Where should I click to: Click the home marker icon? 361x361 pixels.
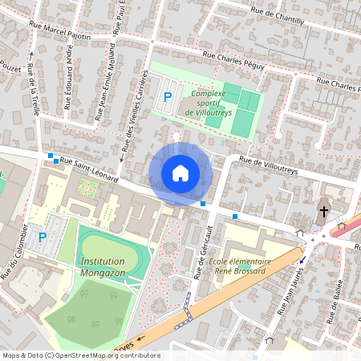[x=180, y=173]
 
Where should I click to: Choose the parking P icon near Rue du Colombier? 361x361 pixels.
[x=43, y=237]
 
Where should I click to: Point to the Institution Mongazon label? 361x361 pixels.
[x=103, y=266]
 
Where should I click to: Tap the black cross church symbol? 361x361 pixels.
[x=324, y=212]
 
